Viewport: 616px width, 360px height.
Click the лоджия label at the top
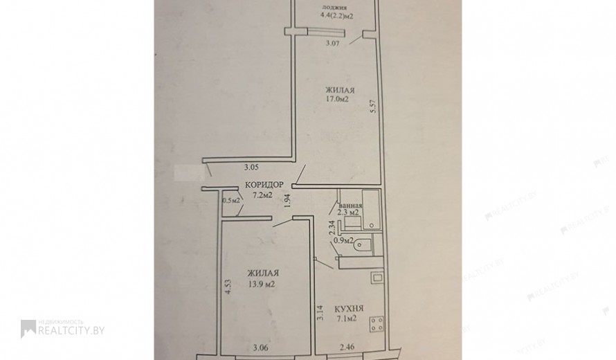tap(334, 7)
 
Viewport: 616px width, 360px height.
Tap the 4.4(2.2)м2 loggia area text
tap(334, 17)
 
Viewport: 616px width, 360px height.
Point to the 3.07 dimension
tap(333, 43)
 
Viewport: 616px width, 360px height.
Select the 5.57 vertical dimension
tap(373, 107)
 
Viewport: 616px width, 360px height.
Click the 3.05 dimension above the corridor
tap(251, 167)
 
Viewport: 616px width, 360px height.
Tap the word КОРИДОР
tap(264, 185)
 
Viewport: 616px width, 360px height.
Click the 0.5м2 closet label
tap(231, 201)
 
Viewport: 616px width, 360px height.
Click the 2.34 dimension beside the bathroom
tap(331, 228)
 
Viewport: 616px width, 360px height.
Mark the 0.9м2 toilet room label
tap(343, 240)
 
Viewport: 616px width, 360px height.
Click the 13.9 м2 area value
tap(261, 284)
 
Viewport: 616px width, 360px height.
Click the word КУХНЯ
tap(349, 309)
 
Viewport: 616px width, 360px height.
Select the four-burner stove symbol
tap(377, 325)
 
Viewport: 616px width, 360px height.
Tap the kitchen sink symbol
tap(377, 278)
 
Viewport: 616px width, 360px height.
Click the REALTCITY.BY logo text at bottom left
tap(71, 330)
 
